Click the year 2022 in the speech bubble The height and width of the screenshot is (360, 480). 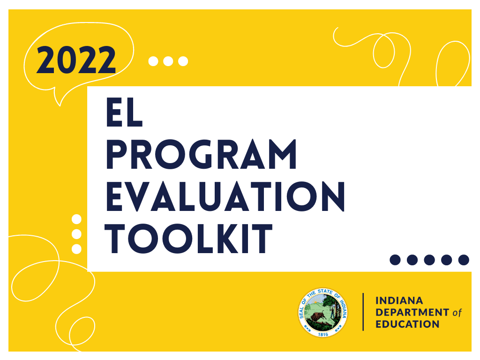[x=76, y=60]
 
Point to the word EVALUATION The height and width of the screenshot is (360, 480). [x=225, y=196]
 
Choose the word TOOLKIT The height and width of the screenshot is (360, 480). [x=189, y=238]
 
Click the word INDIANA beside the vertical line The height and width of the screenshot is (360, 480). [x=399, y=300]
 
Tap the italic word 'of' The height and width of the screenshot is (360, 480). [x=457, y=312]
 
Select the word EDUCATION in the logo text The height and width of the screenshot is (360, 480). [x=407, y=324]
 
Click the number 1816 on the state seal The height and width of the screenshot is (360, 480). [x=323, y=335]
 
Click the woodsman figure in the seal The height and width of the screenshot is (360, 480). [x=332, y=312]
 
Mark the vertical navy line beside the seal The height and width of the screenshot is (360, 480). [x=363, y=312]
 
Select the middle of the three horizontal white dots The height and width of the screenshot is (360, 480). [x=168, y=61]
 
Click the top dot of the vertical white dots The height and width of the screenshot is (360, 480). [x=76, y=219]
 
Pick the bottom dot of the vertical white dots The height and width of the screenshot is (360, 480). [x=76, y=248]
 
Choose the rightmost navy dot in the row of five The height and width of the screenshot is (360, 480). [x=464, y=260]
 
